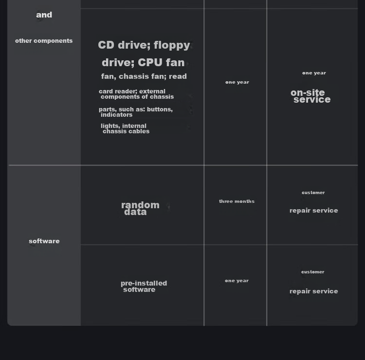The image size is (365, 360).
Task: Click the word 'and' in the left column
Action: click(44, 15)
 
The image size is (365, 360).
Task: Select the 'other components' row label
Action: click(44, 41)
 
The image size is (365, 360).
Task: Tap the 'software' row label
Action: click(44, 241)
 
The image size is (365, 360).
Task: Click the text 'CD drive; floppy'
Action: click(144, 45)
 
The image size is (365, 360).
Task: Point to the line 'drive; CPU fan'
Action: click(143, 62)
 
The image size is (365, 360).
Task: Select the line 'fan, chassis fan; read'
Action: click(144, 76)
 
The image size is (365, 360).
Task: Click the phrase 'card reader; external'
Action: click(132, 91)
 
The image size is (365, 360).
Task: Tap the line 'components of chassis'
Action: click(137, 97)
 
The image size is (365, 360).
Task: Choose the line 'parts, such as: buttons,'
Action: click(136, 109)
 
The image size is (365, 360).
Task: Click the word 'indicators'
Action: click(116, 115)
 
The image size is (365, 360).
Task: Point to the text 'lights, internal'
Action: click(124, 126)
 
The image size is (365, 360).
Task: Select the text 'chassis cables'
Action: click(126, 131)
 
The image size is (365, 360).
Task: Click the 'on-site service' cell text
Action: click(310, 96)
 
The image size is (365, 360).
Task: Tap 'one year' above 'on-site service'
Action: click(314, 73)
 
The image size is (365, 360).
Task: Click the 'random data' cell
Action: click(140, 209)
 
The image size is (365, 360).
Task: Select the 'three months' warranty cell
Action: click(237, 201)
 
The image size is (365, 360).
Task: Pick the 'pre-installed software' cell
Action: click(144, 287)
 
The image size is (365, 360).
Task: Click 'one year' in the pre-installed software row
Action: click(237, 281)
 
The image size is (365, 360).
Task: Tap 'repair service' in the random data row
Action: click(313, 211)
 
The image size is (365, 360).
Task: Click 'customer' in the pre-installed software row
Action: click(312, 272)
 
